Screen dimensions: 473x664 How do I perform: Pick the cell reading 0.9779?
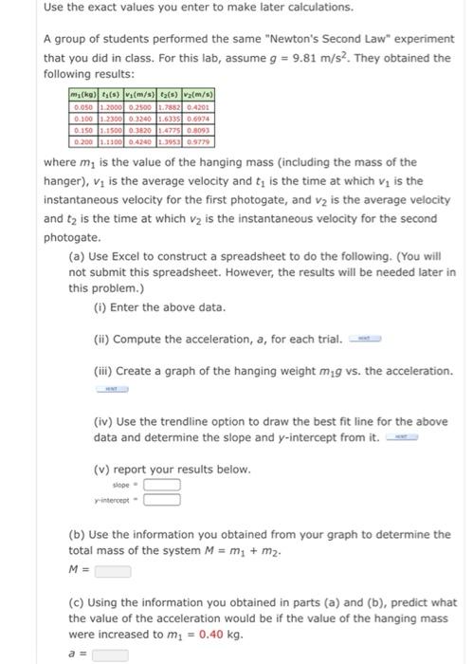pyautogui.click(x=201, y=142)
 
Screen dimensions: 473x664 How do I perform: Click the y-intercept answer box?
pyautogui.click(x=162, y=500)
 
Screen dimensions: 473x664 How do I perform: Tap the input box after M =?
pyautogui.click(x=113, y=571)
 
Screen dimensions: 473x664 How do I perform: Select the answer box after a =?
pyautogui.click(x=110, y=655)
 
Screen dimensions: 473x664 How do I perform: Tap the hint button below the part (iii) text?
pyautogui.click(x=111, y=387)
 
